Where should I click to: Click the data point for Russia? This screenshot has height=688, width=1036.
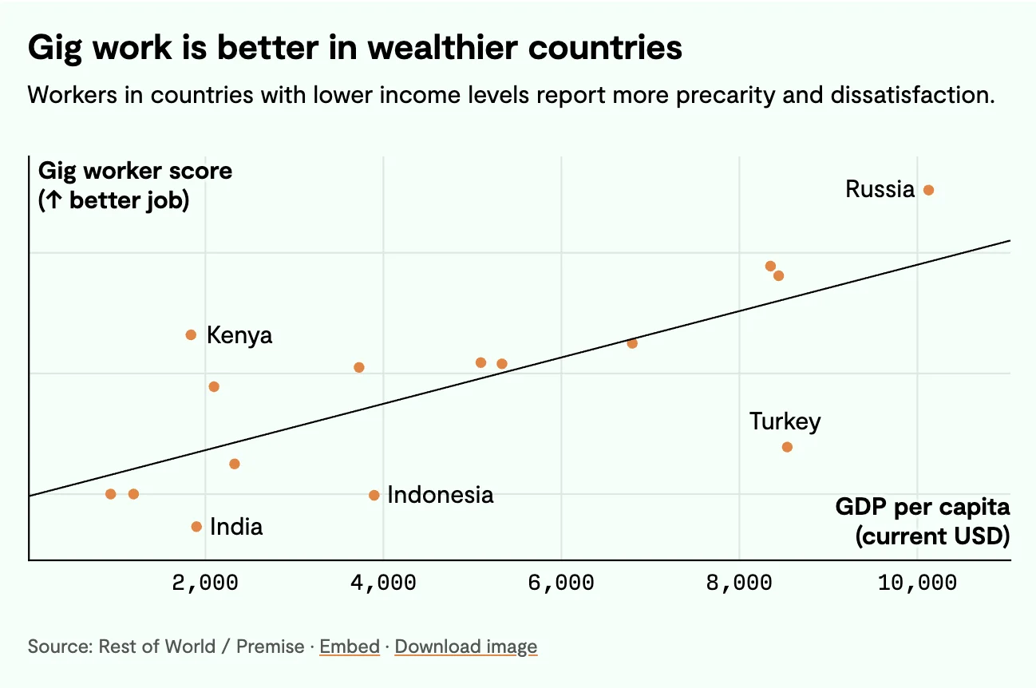click(928, 190)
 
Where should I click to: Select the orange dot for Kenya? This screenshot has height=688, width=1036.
click(191, 334)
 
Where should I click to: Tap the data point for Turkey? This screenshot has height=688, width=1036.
click(787, 447)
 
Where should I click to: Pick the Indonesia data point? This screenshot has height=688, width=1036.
click(374, 496)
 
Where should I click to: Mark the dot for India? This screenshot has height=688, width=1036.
click(196, 527)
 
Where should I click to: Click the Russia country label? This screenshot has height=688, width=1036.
click(880, 189)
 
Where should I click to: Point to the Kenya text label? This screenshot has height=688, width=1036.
click(239, 335)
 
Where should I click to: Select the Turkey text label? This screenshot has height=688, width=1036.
click(785, 421)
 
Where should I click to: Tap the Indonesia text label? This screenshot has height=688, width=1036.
click(440, 495)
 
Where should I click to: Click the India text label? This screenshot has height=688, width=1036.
click(236, 527)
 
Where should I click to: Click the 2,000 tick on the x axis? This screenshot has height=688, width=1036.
click(206, 583)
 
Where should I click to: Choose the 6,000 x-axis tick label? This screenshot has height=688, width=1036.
click(562, 583)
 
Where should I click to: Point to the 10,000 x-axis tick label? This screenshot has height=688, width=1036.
click(917, 583)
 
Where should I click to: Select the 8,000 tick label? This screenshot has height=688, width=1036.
click(740, 583)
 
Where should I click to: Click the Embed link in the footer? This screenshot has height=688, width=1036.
click(350, 646)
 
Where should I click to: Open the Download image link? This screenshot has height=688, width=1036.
click(466, 646)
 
